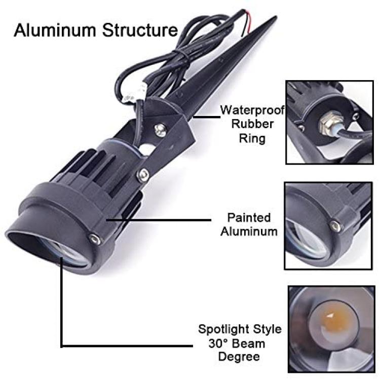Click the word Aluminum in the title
coord(55,30)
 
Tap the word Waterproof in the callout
coord(252,110)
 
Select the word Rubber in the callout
coord(252,124)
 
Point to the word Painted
coord(249,217)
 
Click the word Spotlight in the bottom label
coord(223,330)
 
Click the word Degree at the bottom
coord(239,357)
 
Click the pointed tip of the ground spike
coord(276,17)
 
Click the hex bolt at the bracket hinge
coord(143,175)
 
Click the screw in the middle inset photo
coord(335,225)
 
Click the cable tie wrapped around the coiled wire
coord(181,57)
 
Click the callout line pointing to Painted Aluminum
coord(159,220)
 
